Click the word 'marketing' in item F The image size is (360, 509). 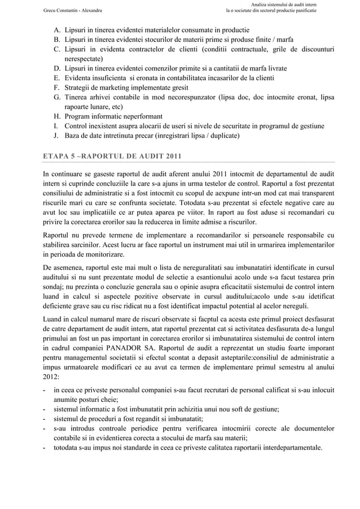pos(112,87)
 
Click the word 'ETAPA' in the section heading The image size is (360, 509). pos(56,156)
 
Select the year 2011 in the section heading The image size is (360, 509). pos(170,156)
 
